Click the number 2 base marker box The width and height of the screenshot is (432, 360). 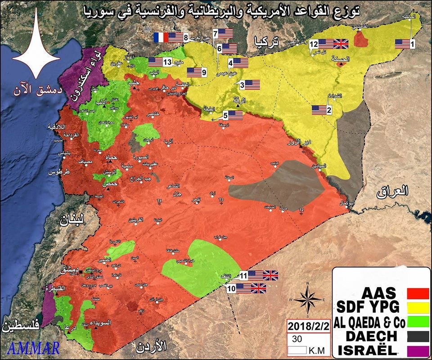[329, 109]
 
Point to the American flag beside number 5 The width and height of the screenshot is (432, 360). [235, 115]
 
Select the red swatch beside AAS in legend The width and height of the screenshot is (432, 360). [417, 293]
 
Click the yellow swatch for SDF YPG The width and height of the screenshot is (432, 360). [417, 308]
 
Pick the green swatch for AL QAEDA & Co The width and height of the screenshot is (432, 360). [417, 322]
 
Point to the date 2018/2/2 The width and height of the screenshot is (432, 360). [307, 326]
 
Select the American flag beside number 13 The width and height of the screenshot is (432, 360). [156, 62]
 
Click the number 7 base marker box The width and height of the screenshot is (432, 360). [216, 33]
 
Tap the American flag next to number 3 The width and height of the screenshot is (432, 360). [252, 84]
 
